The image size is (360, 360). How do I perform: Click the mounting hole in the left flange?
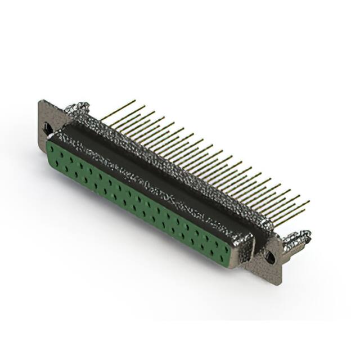pyautogui.click(x=48, y=129)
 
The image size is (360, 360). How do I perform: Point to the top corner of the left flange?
pyautogui.click(x=41, y=101)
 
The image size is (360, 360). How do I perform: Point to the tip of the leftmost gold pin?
pyautogui.click(x=135, y=101)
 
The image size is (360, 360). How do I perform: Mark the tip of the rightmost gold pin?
pyautogui.click(x=309, y=201)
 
